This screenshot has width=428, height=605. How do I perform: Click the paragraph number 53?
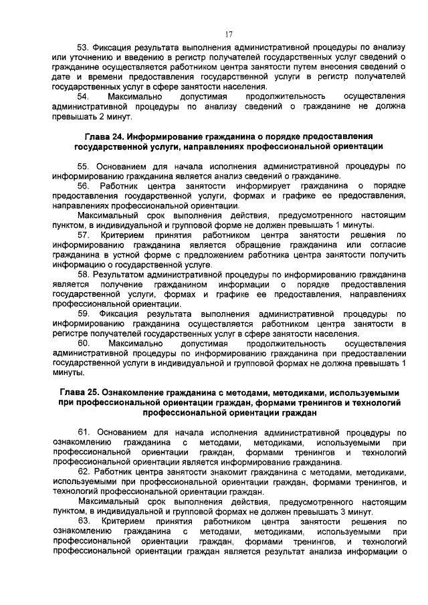point(84,47)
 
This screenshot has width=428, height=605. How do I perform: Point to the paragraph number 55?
point(84,166)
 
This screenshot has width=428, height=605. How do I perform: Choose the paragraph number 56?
point(84,185)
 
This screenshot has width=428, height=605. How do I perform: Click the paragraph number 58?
point(84,273)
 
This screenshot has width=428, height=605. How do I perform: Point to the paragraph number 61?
point(84,433)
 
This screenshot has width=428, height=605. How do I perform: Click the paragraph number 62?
point(84,472)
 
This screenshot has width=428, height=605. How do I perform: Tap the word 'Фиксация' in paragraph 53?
point(114,47)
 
